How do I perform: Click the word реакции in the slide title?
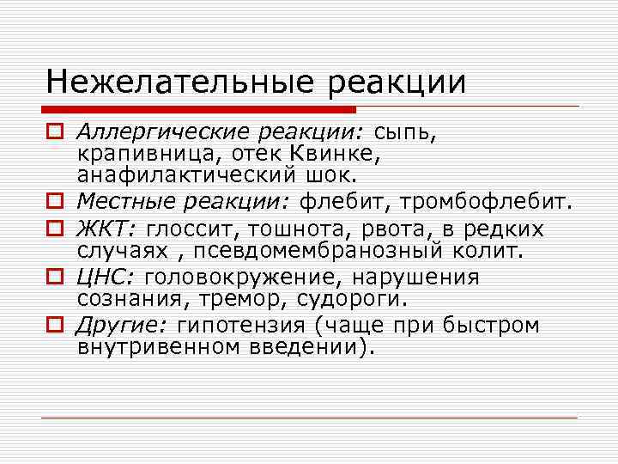coord(392,84)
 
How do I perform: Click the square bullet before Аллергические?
coord(54,133)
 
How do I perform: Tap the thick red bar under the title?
coord(197,109)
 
